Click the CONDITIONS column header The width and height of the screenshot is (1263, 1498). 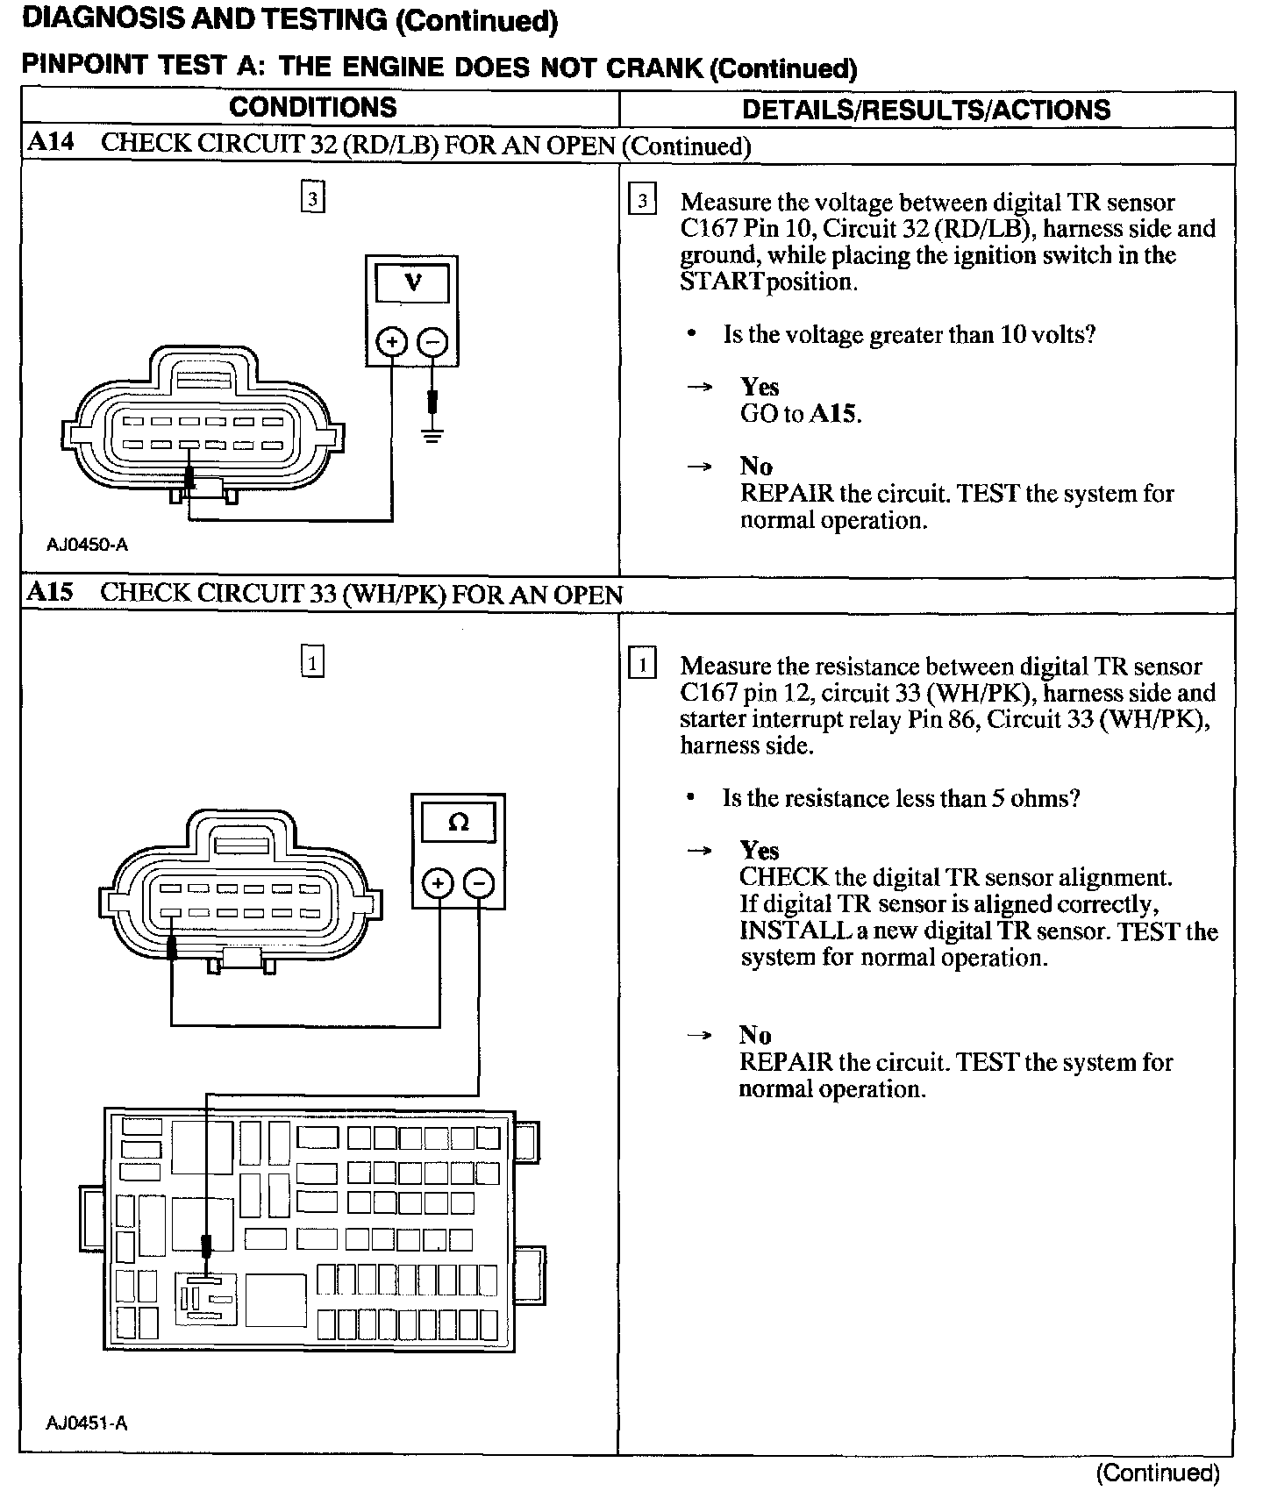312,108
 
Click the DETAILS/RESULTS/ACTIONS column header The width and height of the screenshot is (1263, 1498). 926,110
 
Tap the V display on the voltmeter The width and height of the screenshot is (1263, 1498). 412,283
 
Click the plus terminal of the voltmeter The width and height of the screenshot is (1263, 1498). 392,342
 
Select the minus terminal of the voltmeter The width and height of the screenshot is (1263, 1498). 432,342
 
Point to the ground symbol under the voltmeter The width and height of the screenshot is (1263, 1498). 432,433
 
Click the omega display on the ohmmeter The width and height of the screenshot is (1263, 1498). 458,823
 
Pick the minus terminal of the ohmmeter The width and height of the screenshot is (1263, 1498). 478,882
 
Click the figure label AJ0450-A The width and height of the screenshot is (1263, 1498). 87,545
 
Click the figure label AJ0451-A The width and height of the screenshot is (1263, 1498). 87,1423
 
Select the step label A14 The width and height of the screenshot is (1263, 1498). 50,143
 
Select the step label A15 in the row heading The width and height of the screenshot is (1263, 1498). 50,592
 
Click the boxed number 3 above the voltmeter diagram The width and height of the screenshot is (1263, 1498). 312,197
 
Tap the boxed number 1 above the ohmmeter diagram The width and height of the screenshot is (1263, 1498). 312,660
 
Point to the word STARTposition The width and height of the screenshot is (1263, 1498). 767,282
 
